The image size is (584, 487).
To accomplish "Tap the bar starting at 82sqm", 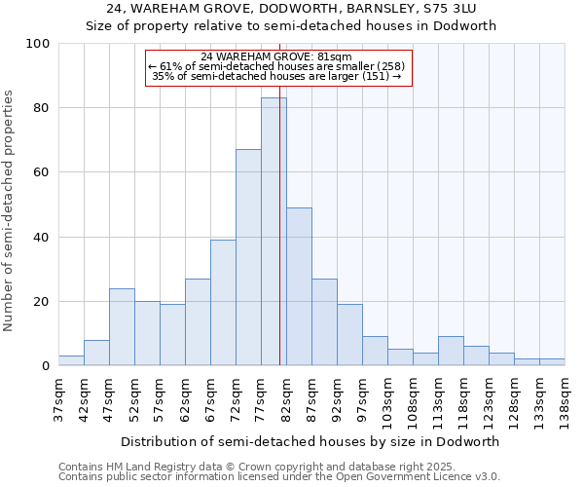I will [299, 286].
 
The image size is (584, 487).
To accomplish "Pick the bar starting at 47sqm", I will [122, 327].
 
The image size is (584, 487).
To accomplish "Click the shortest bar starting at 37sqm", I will [71, 360].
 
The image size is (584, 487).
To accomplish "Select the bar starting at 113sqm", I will [451, 351].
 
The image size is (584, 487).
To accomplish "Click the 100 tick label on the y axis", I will [38, 44].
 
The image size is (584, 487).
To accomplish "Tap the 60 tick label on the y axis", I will [41, 172].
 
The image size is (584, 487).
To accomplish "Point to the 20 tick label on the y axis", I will [41, 302].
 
